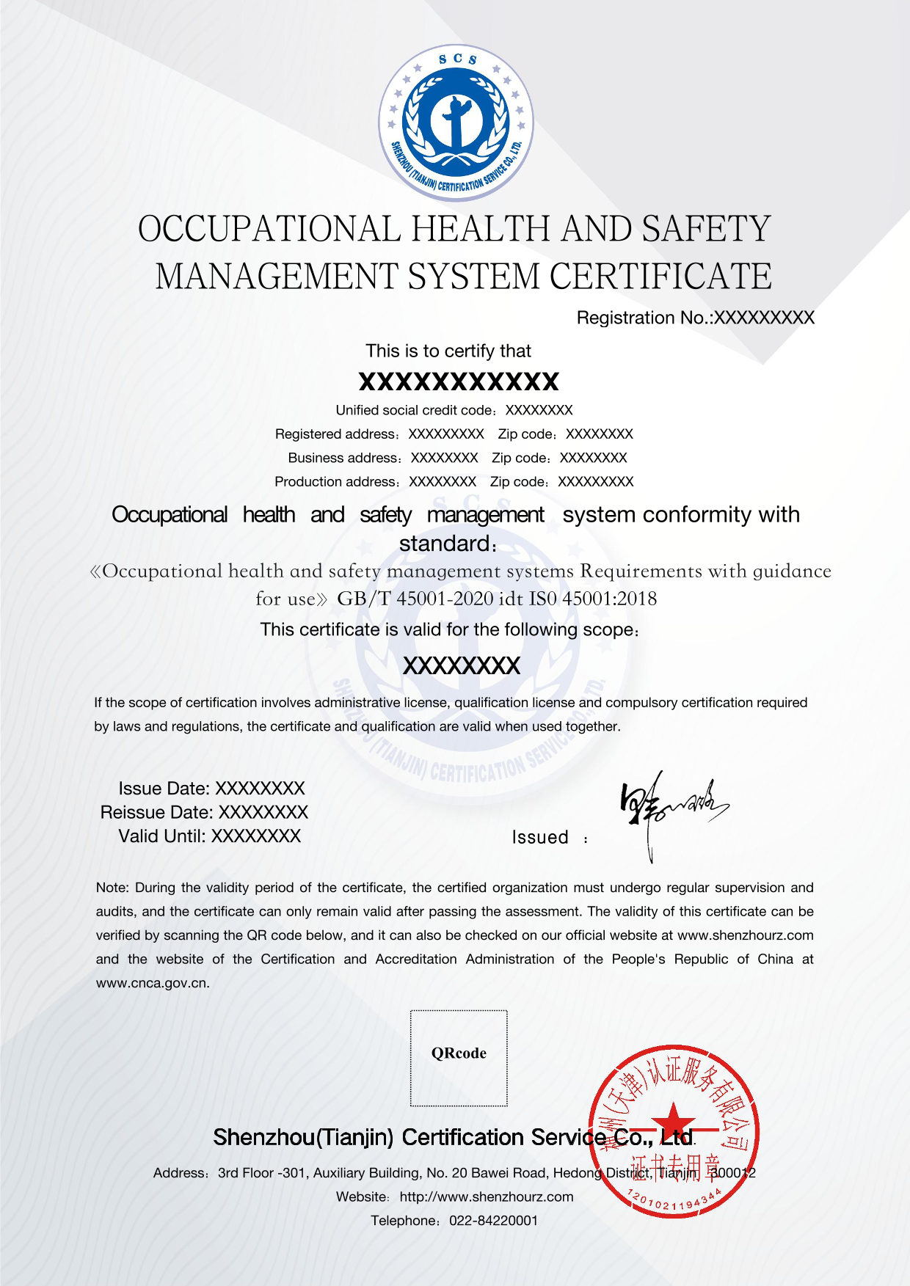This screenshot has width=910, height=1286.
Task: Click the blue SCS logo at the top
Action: (x=456, y=123)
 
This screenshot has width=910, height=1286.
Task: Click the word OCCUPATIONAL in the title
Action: (x=269, y=229)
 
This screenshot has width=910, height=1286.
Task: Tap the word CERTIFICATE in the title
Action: (x=660, y=277)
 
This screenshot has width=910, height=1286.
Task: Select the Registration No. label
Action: (x=644, y=318)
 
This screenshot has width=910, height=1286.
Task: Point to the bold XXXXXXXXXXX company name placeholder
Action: (x=459, y=381)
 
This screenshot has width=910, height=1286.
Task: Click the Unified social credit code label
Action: (x=414, y=410)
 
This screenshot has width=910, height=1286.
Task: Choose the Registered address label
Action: (x=336, y=434)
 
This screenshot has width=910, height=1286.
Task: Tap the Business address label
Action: (x=343, y=458)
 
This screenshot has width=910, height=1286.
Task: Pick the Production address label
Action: (x=335, y=481)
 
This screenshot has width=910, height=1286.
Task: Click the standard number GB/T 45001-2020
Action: (x=415, y=599)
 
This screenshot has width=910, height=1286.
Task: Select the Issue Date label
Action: (x=164, y=789)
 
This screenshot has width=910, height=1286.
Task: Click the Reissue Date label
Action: (x=156, y=812)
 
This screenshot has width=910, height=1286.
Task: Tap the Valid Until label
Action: (x=162, y=836)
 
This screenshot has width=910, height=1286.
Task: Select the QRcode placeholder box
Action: (x=459, y=1058)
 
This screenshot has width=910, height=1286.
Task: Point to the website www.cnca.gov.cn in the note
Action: (x=153, y=983)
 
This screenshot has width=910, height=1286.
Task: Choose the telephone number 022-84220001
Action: (x=493, y=1221)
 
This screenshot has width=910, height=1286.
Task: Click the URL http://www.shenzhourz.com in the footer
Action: (x=487, y=1197)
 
